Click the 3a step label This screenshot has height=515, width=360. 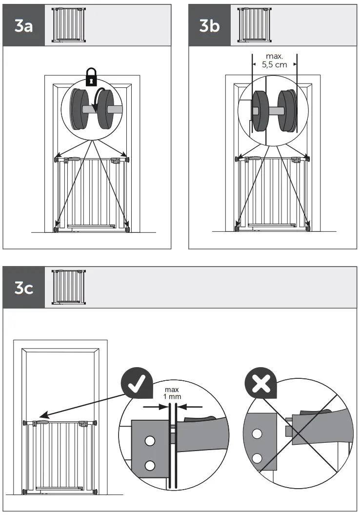click(23, 26)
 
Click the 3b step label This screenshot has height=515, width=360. click(209, 26)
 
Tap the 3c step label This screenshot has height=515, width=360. click(23, 288)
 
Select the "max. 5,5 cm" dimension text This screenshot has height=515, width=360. click(275, 61)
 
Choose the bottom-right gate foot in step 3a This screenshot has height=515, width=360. click(128, 228)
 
